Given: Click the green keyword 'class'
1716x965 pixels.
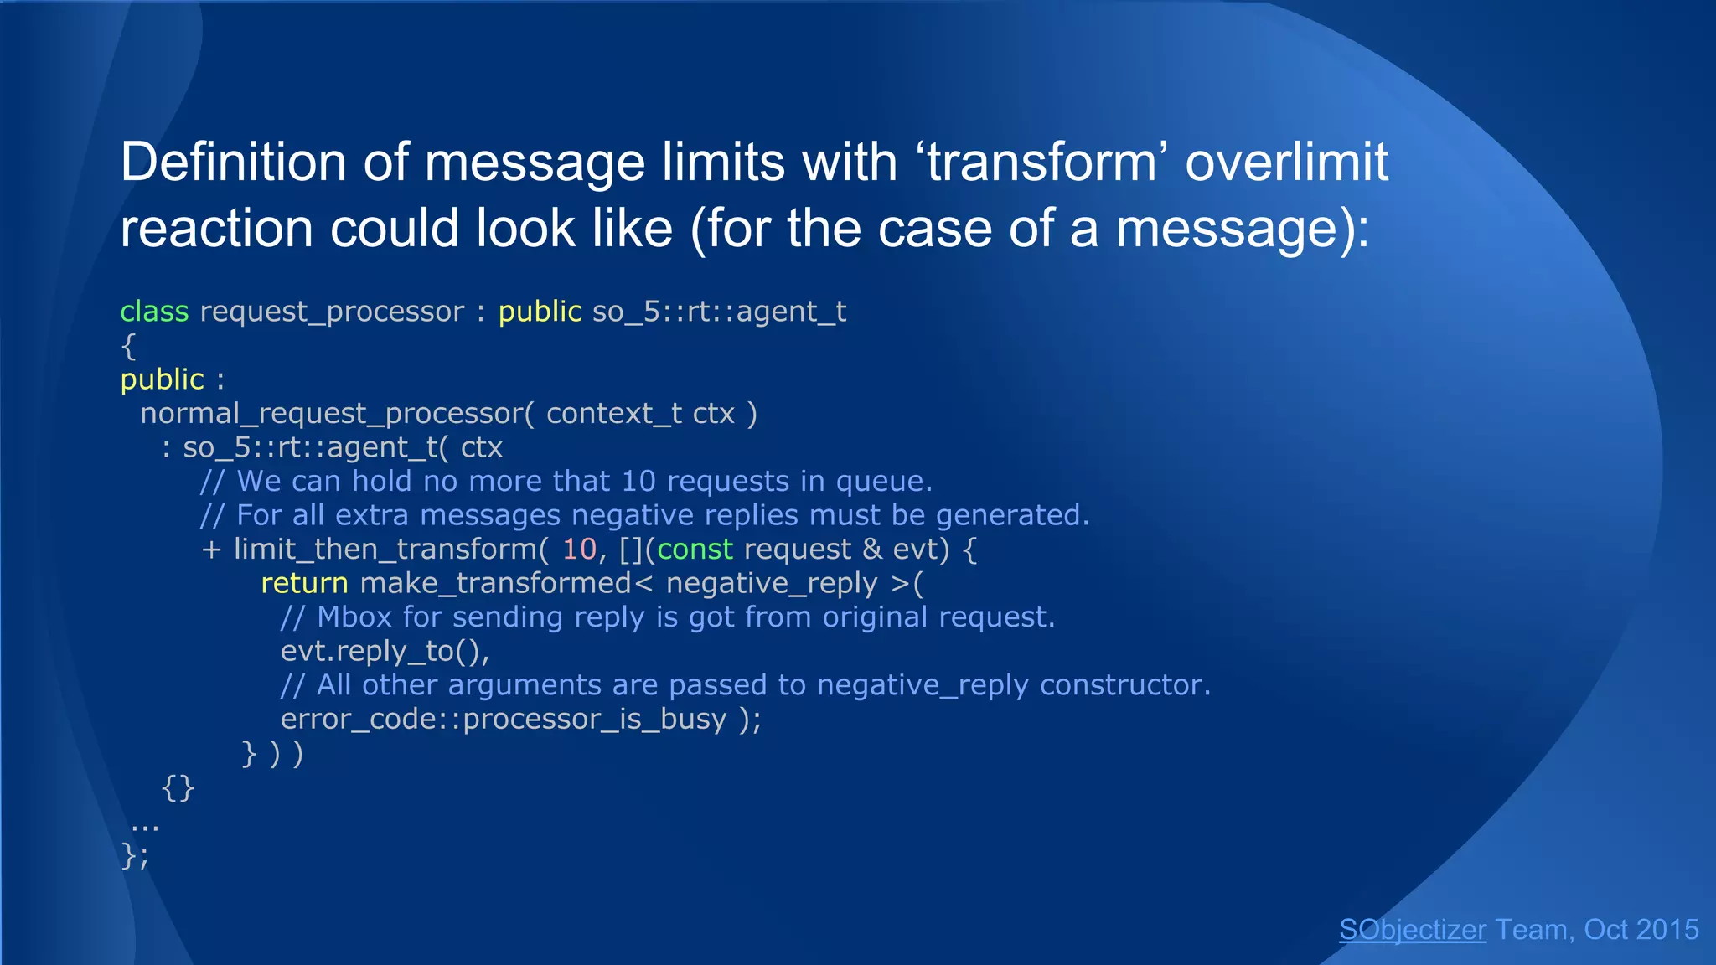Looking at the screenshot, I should tap(154, 312).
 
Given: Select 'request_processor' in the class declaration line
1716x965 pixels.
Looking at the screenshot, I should tap(332, 312).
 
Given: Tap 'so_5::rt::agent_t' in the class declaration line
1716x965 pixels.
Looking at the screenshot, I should tap(719, 312).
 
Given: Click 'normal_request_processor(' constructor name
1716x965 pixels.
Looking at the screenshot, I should tap(336, 414).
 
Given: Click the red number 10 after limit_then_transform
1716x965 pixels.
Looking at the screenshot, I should tap(579, 550).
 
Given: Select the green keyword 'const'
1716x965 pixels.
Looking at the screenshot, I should tap(695, 550).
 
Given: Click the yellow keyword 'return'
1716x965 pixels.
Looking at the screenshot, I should tap(304, 583).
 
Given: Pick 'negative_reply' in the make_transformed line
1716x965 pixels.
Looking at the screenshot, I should tap(771, 583).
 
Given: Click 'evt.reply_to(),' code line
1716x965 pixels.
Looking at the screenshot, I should tap(385, 651).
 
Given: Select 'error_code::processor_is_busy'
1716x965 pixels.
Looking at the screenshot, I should tap(503, 720).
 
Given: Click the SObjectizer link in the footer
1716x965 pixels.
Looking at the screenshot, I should tap(1413, 930).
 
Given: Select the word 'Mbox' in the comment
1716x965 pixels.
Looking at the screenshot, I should tap(354, 617).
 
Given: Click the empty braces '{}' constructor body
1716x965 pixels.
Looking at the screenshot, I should tap(178, 787).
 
